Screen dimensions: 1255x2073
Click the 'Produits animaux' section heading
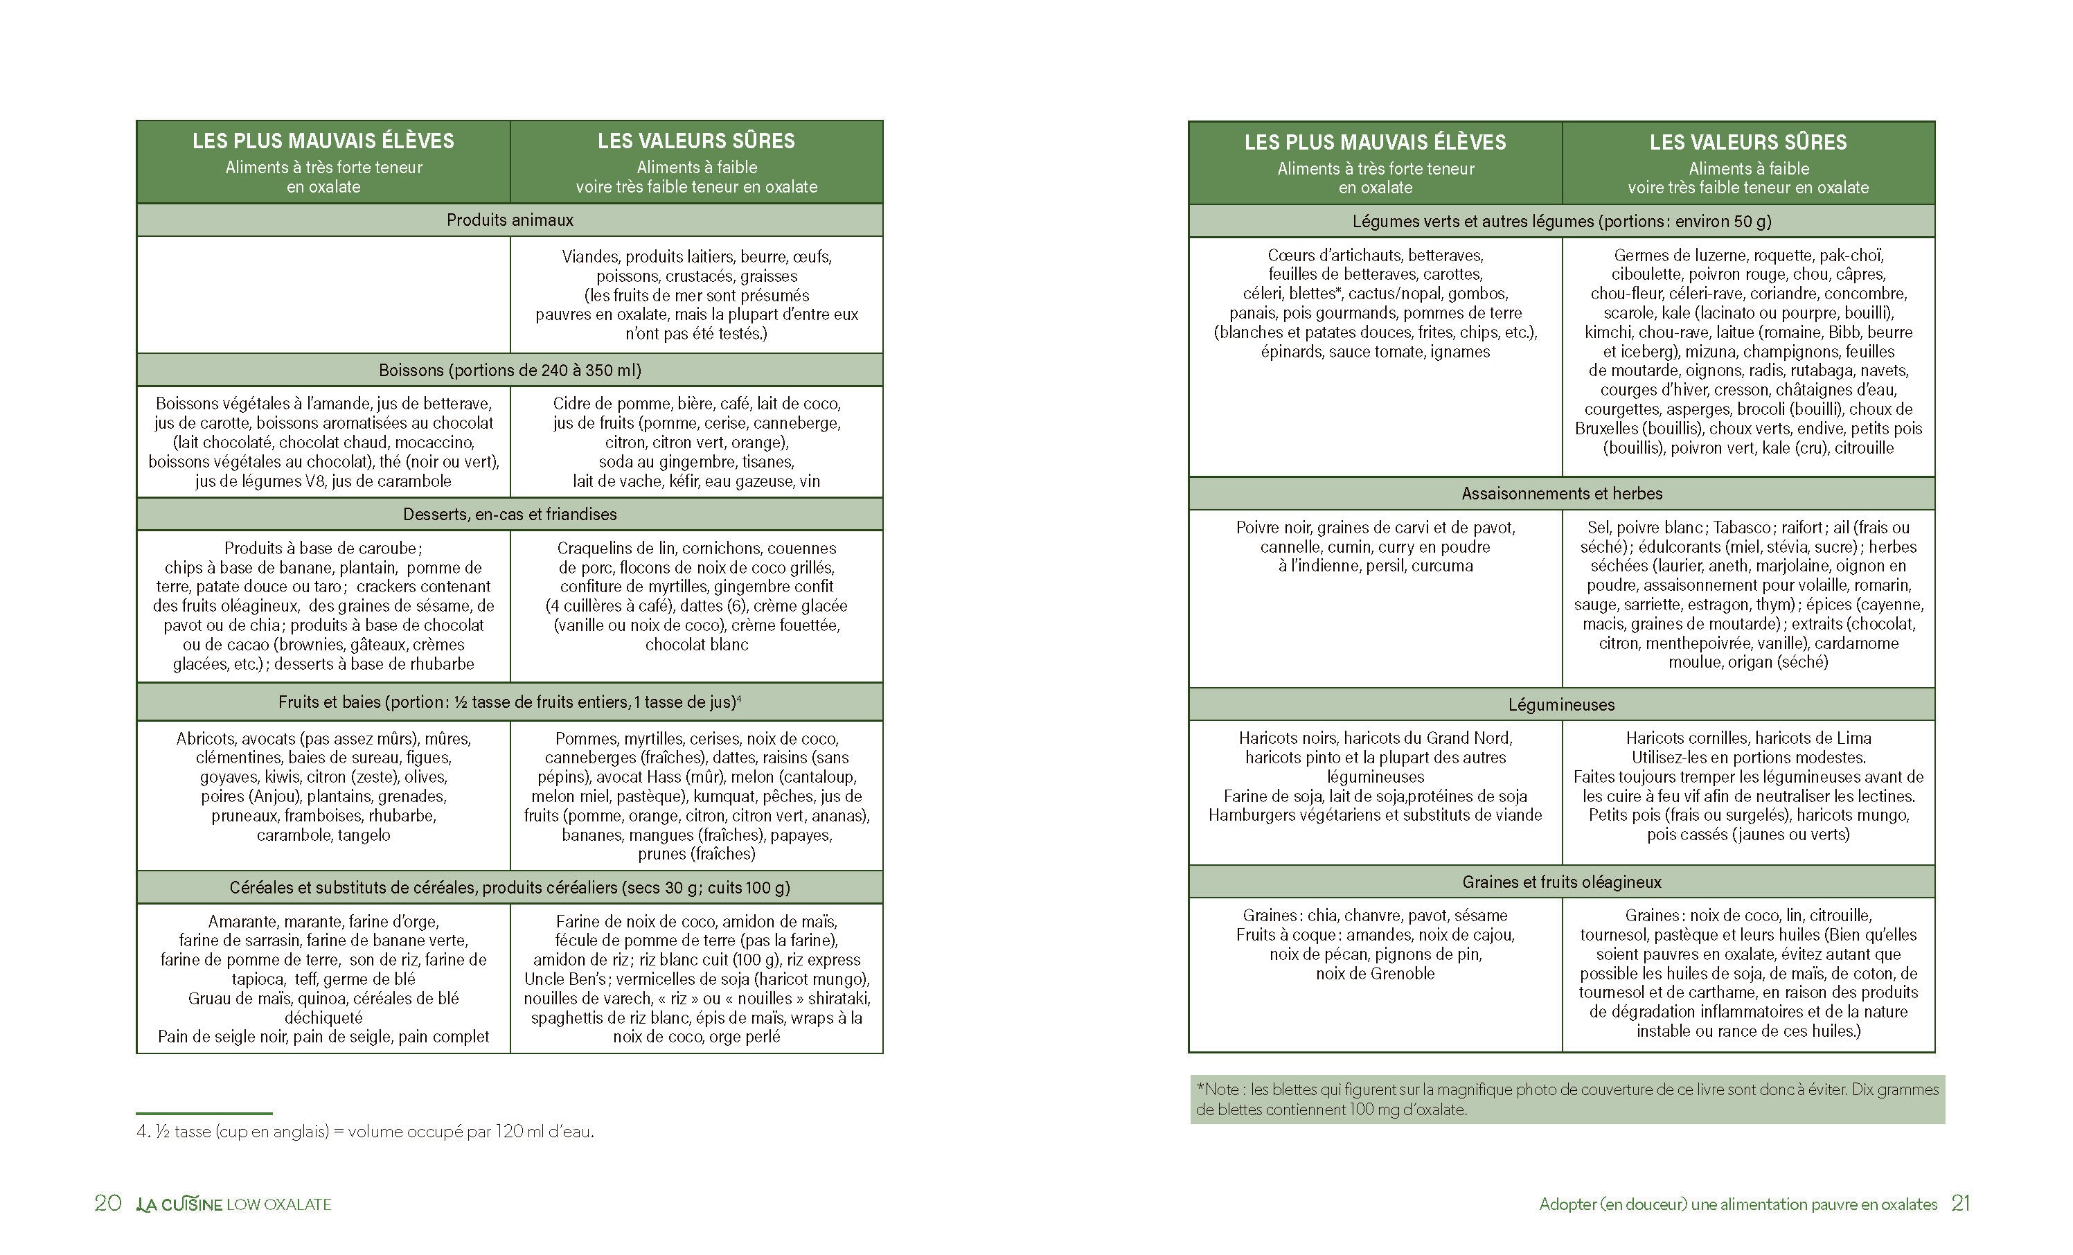pyautogui.click(x=510, y=220)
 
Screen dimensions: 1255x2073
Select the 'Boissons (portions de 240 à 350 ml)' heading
pyautogui.click(x=510, y=370)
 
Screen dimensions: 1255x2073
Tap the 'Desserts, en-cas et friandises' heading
pyautogui.click(x=510, y=514)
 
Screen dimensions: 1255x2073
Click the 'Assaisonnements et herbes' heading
pyautogui.click(x=1561, y=494)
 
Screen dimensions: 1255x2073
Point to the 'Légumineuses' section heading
pyautogui.click(x=1561, y=705)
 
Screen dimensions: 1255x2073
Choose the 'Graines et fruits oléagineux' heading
pyautogui.click(x=1561, y=882)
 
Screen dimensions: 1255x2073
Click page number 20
pyautogui.click(x=107, y=1204)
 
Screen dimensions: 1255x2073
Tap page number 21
pyautogui.click(x=1960, y=1204)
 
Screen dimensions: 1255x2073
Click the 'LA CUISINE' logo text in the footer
pyautogui.click(x=179, y=1204)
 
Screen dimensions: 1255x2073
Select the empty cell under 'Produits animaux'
pyautogui.click(x=323, y=294)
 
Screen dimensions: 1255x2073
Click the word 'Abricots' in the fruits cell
pyautogui.click(x=205, y=738)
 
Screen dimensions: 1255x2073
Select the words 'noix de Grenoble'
pyautogui.click(x=1375, y=973)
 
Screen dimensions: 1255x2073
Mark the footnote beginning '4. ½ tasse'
pyautogui.click(x=365, y=1131)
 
